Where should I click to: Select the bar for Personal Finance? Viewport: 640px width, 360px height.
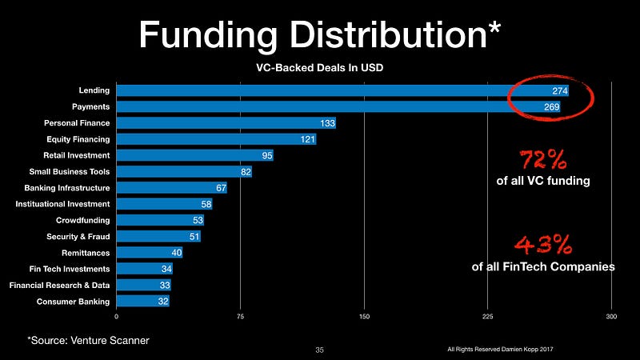tap(226, 123)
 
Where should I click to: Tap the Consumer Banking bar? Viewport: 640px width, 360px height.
tap(143, 302)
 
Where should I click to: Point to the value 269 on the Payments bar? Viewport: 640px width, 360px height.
tap(551, 107)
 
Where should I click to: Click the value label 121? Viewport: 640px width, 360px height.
tap(306, 139)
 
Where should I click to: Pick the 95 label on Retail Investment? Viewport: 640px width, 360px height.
tap(266, 156)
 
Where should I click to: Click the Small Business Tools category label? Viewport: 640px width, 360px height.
tap(70, 172)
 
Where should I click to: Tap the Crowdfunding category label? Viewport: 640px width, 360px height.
tap(82, 220)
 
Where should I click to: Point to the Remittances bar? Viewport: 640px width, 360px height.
tap(150, 253)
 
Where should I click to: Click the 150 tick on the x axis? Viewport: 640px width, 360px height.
tap(364, 316)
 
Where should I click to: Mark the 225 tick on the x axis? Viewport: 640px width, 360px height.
tap(487, 316)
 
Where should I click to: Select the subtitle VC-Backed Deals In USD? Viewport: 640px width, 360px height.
tap(318, 67)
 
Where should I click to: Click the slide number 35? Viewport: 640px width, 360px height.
tap(319, 350)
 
